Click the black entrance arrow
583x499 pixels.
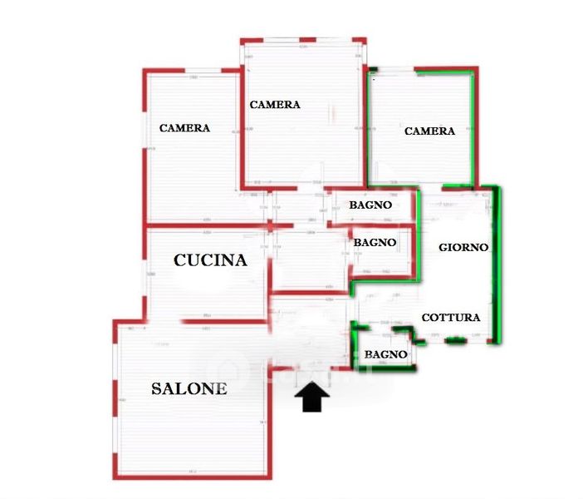[x=312, y=398]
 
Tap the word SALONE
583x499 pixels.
[x=189, y=388]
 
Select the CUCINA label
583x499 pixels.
[x=210, y=260]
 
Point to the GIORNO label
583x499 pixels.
[x=463, y=247]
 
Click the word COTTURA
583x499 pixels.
[x=450, y=318]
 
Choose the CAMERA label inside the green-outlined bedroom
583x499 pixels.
[x=429, y=131]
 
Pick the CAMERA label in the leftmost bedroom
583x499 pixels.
[x=184, y=128]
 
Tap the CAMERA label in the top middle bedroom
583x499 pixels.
[x=275, y=105]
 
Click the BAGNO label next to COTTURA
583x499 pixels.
[x=386, y=354]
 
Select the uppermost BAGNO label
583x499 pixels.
[x=370, y=205]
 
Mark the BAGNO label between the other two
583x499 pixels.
[x=375, y=242]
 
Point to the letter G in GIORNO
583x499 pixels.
[x=443, y=247]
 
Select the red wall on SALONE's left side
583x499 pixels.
[x=115, y=399]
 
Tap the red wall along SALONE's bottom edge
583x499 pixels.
[x=191, y=477]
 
